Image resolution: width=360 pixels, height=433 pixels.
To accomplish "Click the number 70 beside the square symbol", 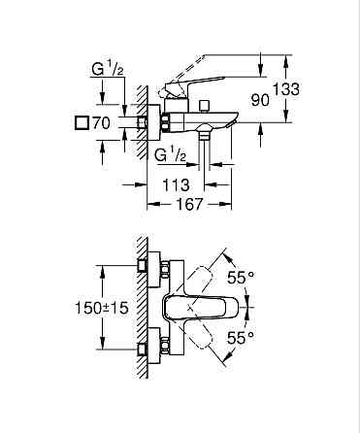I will coord(99,124).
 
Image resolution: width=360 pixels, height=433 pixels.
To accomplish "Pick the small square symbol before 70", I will coord(81,124).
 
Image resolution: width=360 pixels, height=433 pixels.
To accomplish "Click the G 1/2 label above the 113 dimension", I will coord(172,155).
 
